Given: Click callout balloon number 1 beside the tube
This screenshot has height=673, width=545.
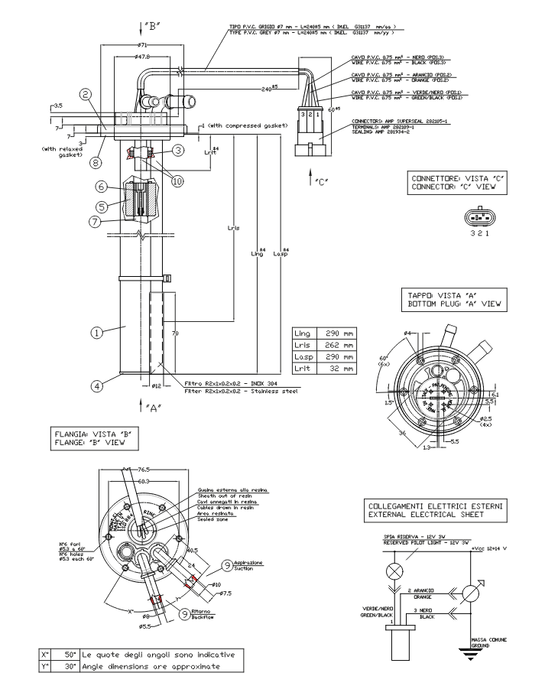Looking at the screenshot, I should [97, 333].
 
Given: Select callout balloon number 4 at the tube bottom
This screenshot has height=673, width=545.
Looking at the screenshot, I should [97, 386].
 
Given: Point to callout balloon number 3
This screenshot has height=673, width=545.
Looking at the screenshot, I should [177, 151].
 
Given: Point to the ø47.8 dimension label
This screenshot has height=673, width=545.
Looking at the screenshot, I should [142, 58].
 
